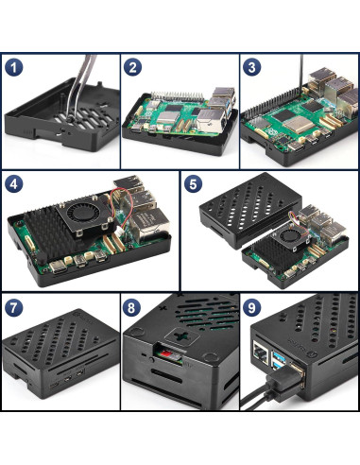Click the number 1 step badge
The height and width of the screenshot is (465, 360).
pos(14,67)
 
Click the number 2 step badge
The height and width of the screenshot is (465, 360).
pos(132,67)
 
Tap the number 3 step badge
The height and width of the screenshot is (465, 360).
pos(251,67)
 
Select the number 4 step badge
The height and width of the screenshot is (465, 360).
pos(14,183)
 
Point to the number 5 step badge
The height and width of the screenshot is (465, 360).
pos(193,183)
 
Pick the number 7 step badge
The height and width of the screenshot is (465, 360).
pos(14,308)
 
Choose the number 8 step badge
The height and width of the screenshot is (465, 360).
pos(131,308)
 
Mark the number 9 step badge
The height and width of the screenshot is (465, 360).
pos(251,307)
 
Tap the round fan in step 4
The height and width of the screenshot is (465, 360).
pos(83,213)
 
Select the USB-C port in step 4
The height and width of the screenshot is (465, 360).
pos(58,267)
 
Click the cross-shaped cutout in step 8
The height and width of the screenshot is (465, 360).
pos(181,336)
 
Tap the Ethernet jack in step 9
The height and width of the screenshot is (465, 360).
pos(261,353)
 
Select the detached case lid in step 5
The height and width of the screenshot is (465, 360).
pos(250,210)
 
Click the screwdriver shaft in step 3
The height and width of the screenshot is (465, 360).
pos(300,71)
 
